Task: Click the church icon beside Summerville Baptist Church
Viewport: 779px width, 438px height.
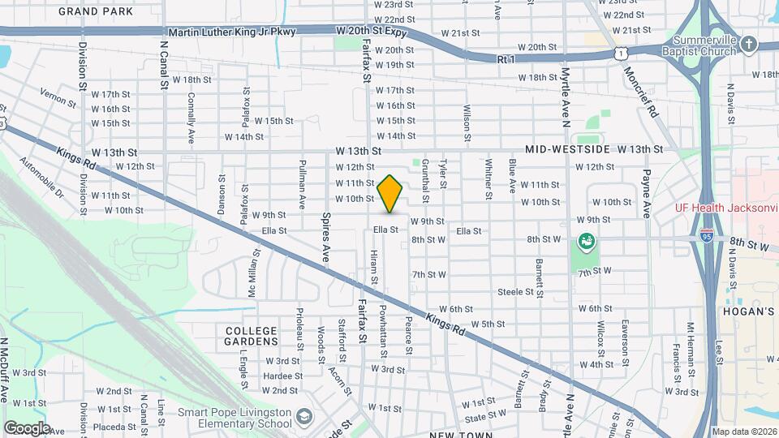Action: (x=749, y=44)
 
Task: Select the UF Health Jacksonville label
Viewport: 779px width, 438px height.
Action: (x=726, y=208)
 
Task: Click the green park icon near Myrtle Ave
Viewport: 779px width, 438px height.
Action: (x=584, y=241)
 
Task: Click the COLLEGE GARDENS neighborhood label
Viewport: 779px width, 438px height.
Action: (x=251, y=337)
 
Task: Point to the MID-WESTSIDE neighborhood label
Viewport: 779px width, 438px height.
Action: (x=568, y=149)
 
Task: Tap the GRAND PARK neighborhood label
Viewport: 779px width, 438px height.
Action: (x=96, y=11)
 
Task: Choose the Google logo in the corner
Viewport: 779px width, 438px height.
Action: (x=27, y=427)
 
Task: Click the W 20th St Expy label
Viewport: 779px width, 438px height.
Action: (x=371, y=31)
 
